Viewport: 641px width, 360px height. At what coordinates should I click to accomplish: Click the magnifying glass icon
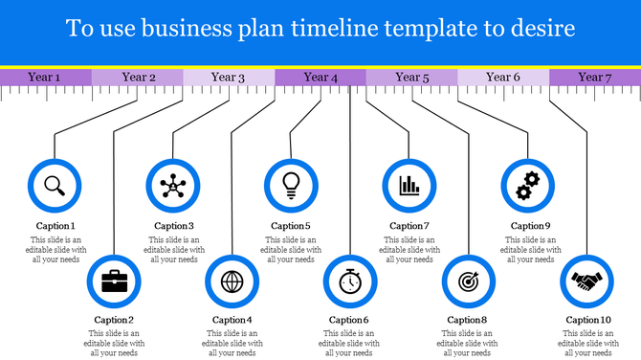point(55,183)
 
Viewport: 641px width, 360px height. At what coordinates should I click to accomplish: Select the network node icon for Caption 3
point(173,183)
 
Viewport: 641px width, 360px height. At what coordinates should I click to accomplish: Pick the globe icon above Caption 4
point(232,281)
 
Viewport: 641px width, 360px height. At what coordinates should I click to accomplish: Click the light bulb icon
point(291,183)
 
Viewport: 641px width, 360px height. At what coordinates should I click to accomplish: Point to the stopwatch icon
point(350,281)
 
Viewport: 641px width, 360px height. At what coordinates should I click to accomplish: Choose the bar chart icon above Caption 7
point(409,183)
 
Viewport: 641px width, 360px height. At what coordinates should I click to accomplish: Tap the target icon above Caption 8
point(469,281)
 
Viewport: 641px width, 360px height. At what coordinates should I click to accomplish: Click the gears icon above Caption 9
point(528,183)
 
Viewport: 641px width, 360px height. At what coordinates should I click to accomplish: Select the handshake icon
point(586,281)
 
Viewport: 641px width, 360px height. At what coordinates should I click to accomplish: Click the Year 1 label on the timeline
point(45,77)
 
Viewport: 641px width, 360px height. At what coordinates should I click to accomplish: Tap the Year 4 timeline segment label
point(320,77)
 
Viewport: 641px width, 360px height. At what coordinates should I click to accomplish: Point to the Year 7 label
point(595,77)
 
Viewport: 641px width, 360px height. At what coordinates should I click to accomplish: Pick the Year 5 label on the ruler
point(412,77)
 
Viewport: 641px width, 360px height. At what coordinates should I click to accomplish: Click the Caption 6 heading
point(349,320)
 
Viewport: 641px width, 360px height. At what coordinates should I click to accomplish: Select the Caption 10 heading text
point(587,320)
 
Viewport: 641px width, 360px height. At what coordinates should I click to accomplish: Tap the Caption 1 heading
point(54,226)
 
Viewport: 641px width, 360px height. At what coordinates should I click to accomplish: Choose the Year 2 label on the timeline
point(138,77)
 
